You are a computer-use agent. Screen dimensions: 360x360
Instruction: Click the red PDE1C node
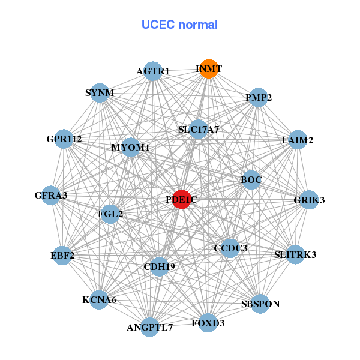[x=182, y=200]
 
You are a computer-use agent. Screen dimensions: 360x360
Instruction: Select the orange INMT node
[x=208, y=69]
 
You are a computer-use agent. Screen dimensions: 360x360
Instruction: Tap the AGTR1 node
[x=153, y=71]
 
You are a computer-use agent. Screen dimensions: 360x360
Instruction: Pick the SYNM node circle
[x=99, y=93]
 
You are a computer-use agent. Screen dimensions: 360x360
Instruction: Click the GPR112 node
[x=64, y=139]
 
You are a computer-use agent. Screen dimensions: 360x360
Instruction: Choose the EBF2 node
[x=62, y=256]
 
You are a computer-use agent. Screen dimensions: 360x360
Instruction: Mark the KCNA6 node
[x=99, y=299]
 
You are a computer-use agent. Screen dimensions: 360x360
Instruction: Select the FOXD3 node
[x=208, y=323]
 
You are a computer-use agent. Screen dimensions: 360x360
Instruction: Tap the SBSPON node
[x=260, y=304]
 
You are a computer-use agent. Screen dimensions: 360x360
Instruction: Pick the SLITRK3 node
[x=295, y=255]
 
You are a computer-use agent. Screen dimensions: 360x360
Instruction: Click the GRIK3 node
[x=309, y=200]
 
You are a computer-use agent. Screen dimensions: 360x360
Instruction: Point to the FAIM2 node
[x=298, y=140]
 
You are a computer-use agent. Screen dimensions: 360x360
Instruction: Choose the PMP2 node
[x=258, y=98]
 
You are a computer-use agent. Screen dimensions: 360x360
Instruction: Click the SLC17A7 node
[x=199, y=129]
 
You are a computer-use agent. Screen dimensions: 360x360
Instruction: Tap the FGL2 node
[x=110, y=214]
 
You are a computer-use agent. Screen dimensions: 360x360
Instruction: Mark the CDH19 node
[x=159, y=266]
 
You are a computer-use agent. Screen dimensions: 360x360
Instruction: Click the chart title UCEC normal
[x=179, y=25]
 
